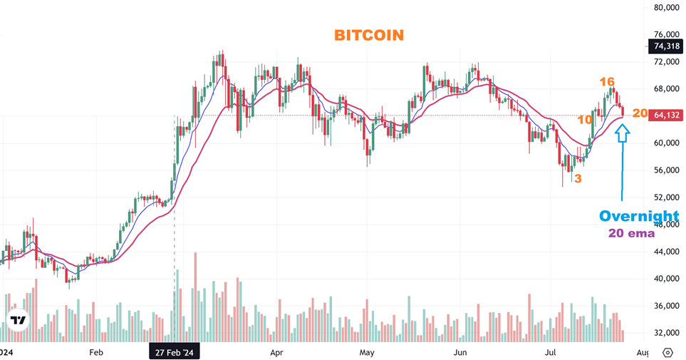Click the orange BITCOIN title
[368, 35]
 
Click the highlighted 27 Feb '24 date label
[174, 352]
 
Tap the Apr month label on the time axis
[276, 352]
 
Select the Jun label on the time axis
[460, 352]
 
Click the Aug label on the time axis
[642, 352]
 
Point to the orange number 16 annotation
[607, 82]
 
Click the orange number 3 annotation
[578, 178]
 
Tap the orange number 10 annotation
[585, 120]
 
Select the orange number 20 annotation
[640, 113]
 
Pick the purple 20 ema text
[631, 233]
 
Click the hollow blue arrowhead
[623, 133]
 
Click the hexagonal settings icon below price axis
[667, 352]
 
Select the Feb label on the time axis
[97, 352]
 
